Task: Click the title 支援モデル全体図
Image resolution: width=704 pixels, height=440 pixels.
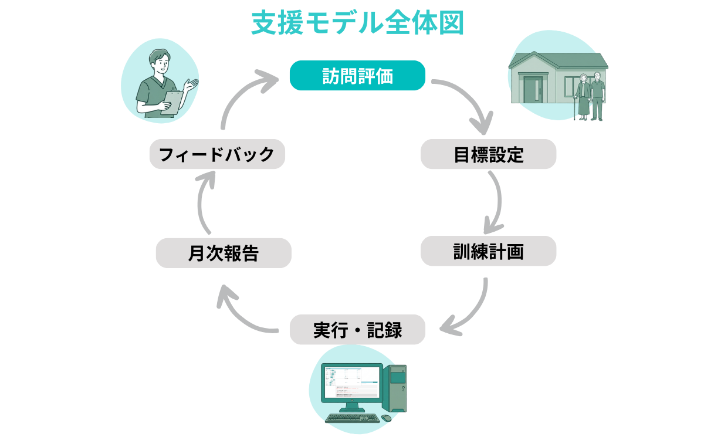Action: (x=358, y=23)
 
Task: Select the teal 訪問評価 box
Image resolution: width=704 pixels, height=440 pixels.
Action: (x=357, y=76)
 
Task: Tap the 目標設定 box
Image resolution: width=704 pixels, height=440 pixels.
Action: (x=488, y=154)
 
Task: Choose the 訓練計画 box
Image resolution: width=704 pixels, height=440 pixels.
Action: (x=488, y=251)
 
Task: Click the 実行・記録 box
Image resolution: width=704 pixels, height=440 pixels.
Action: (x=357, y=330)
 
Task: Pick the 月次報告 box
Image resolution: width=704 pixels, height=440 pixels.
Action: (x=224, y=253)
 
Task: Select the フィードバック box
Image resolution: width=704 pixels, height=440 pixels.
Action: (x=217, y=154)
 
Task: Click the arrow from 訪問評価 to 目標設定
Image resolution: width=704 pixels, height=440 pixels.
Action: (x=469, y=100)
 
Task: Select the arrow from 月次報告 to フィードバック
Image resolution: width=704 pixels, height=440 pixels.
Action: (x=202, y=202)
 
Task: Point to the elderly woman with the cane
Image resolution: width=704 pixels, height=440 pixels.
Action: (x=583, y=97)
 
